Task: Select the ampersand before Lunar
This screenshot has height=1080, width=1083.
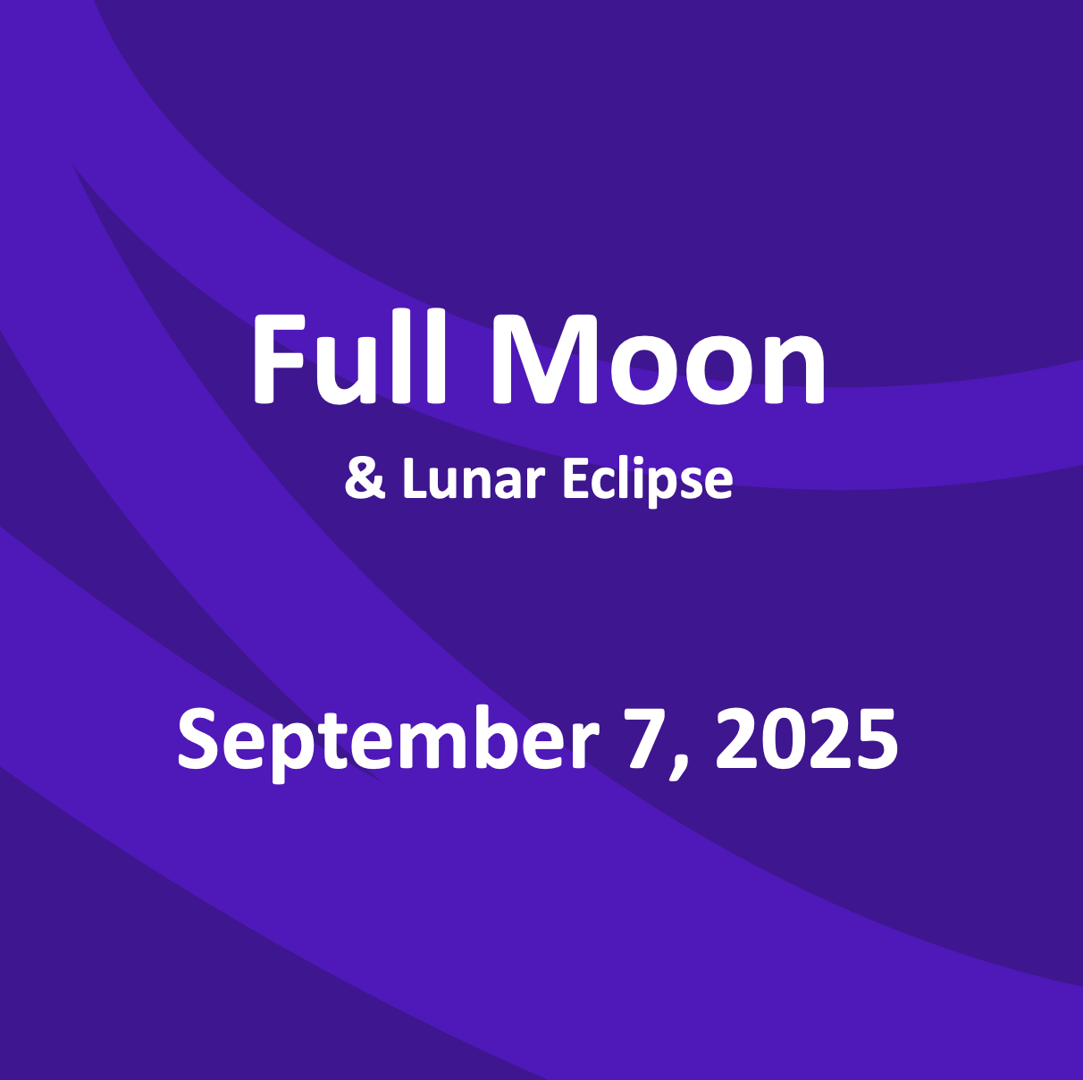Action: tap(365, 479)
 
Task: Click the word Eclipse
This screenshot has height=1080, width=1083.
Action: tap(647, 481)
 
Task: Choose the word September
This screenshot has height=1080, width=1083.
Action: tap(388, 740)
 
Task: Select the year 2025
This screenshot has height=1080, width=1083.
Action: tap(807, 738)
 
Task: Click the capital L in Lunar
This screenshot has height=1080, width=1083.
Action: tap(413, 479)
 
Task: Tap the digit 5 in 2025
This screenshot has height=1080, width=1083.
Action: tap(876, 738)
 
